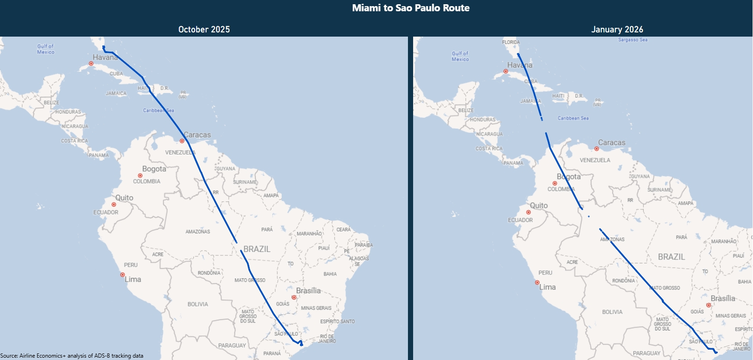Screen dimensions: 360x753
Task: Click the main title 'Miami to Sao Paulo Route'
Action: pos(411,8)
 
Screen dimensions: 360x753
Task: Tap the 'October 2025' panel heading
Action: pos(204,30)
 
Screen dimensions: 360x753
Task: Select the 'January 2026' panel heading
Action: pos(617,30)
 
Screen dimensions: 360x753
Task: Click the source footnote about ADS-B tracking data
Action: pos(72,356)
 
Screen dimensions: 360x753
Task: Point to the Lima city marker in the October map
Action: pos(123,275)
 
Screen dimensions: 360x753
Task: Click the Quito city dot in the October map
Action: pos(114,205)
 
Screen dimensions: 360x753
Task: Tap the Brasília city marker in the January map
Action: pos(708,305)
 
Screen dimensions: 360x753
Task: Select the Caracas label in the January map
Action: pos(611,143)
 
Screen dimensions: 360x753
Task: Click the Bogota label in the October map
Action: pos(154,169)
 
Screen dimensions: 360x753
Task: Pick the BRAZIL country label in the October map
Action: pos(257,249)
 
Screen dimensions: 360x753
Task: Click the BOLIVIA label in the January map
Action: pos(612,312)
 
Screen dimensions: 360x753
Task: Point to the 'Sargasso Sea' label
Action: pos(632,40)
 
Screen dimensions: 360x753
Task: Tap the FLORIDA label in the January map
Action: pos(511,42)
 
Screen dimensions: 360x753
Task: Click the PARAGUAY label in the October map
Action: pos(232,345)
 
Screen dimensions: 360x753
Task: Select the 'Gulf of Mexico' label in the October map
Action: pos(46,49)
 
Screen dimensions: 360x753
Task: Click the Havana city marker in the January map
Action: pos(506,72)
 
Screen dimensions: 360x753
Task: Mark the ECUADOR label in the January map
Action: pos(520,220)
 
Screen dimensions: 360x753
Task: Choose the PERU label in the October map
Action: pos(131,265)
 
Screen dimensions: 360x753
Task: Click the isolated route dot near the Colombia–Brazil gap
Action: pos(589,216)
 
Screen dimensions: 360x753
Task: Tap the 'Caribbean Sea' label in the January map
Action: pos(573,118)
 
